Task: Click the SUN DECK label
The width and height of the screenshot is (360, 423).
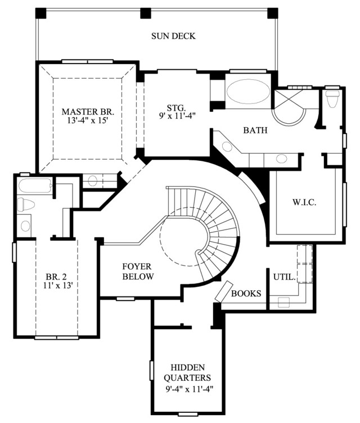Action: click(x=173, y=36)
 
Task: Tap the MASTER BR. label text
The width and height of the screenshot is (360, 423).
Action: click(x=88, y=111)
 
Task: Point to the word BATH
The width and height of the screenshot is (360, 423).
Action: click(x=255, y=130)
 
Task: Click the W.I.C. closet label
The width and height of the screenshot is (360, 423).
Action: click(x=304, y=202)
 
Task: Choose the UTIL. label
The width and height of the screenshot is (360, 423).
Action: click(x=285, y=277)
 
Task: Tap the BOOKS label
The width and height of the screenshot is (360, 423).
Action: click(x=246, y=293)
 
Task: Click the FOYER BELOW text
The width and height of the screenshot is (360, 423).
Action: click(x=138, y=271)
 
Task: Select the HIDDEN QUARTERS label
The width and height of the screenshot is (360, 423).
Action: click(x=187, y=372)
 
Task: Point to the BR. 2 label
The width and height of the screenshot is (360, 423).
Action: click(x=56, y=277)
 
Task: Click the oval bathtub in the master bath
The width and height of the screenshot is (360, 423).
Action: click(x=248, y=91)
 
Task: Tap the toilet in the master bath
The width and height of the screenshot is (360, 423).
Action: click(x=332, y=98)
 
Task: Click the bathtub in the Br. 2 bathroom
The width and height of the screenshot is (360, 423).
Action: click(x=35, y=186)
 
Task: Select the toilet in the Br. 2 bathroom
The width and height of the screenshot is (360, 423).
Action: click(x=26, y=204)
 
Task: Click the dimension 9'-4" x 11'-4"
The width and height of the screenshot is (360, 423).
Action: click(x=190, y=389)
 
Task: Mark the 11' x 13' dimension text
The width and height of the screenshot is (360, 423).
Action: click(x=58, y=285)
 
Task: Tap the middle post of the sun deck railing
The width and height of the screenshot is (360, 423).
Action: click(x=146, y=13)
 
